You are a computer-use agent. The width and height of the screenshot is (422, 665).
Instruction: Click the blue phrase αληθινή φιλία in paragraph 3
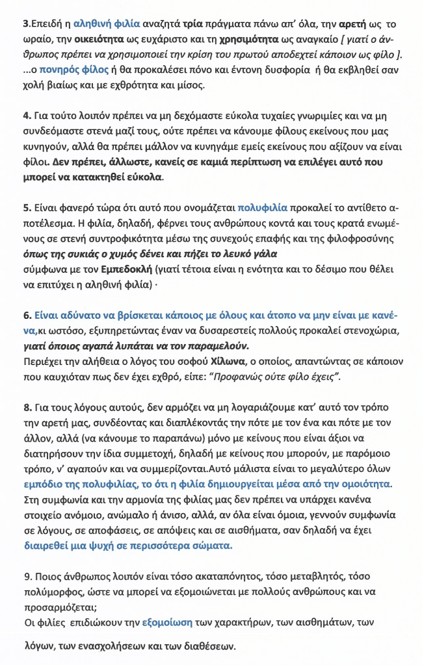[107, 23]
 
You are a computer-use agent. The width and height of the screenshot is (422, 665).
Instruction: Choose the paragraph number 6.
[27, 315]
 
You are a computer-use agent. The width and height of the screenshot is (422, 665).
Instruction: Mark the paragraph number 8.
[27, 408]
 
